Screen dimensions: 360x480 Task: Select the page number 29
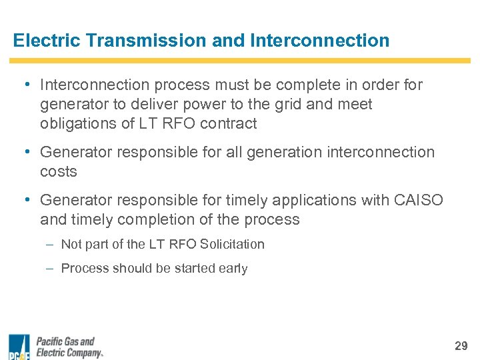click(461, 345)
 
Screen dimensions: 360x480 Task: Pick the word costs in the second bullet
click(59, 171)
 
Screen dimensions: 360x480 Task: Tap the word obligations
click(81, 123)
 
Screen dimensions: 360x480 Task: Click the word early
click(232, 269)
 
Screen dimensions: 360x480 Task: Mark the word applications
click(302, 200)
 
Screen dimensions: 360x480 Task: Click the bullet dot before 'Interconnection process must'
click(25, 85)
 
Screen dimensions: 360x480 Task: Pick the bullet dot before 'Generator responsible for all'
click(25, 152)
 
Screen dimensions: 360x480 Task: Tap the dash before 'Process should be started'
click(51, 269)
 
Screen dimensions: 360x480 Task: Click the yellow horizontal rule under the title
click(240, 61)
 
